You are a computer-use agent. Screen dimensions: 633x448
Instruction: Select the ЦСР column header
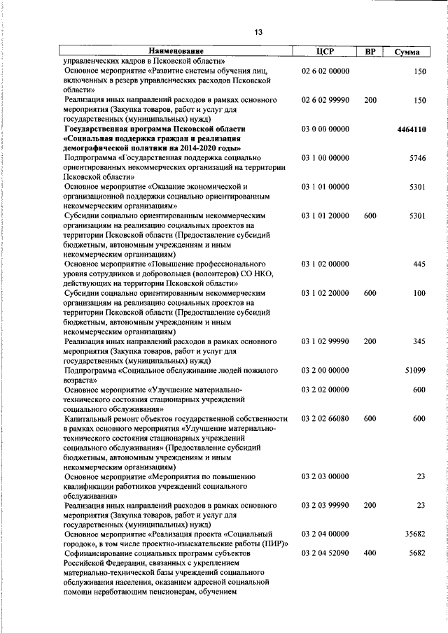coord(325,51)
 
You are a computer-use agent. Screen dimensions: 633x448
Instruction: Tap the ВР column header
coord(370,51)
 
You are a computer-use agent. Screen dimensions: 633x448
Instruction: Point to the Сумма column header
coord(407,52)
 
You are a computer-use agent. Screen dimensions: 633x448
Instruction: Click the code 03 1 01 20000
coord(325,216)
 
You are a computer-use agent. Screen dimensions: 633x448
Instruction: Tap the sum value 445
coord(419,264)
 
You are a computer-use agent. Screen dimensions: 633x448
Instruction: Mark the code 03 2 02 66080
coord(325,418)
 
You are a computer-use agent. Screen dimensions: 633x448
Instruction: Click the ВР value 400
coord(370,553)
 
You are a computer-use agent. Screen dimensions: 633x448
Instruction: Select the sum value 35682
coord(414,534)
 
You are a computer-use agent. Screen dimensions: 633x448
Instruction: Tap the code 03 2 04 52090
coord(325,553)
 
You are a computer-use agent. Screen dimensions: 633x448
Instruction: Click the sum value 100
coord(419,293)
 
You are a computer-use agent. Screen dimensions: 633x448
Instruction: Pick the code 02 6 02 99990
coord(325,101)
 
